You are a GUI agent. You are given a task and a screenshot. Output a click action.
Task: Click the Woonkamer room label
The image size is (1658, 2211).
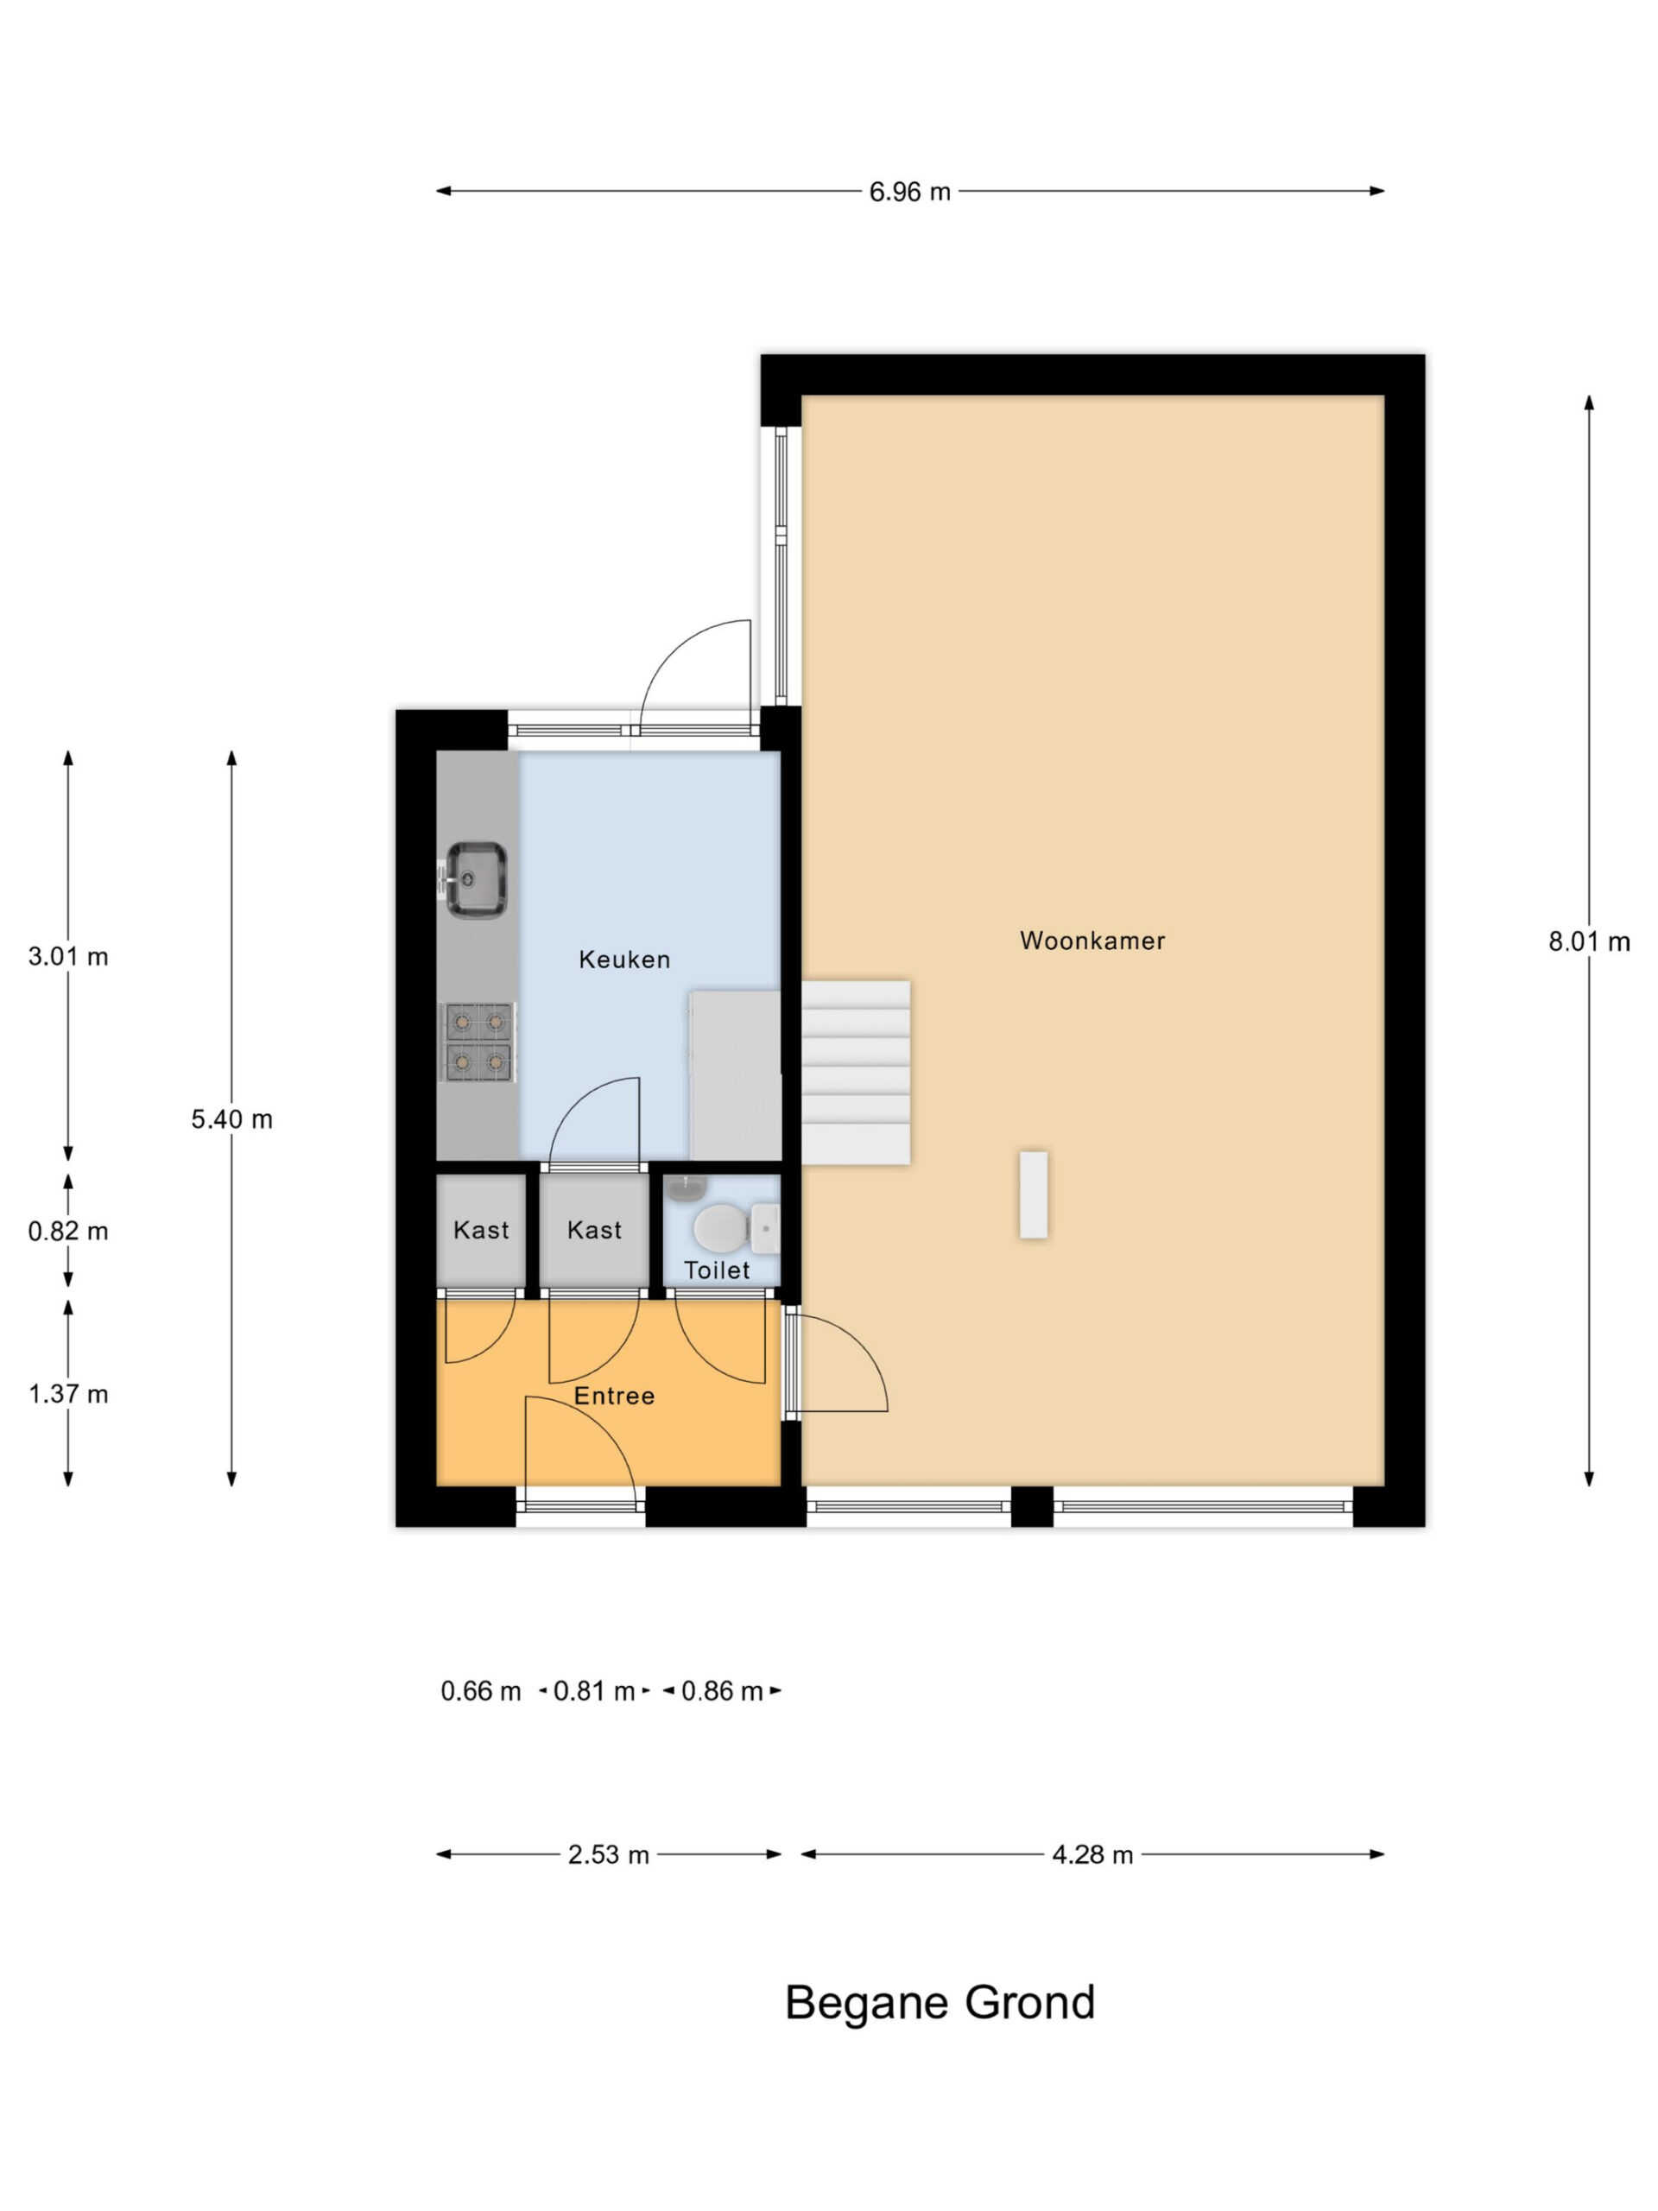point(1092,941)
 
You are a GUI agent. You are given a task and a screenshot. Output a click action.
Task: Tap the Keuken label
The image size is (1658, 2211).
point(623,960)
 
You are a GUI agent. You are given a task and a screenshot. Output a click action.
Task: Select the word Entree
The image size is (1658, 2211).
point(614,1396)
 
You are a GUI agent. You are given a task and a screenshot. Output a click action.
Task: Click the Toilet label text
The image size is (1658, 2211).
point(717,1270)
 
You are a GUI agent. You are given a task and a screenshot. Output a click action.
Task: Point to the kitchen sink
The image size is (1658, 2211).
point(475,879)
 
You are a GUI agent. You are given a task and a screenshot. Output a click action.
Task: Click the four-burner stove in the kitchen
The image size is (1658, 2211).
point(478,1042)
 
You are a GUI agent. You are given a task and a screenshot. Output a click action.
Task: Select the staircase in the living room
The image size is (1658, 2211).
point(856,1073)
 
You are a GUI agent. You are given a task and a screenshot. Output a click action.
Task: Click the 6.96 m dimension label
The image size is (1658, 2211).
point(909,191)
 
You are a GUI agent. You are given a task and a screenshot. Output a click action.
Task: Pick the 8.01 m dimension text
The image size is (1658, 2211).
point(1589,941)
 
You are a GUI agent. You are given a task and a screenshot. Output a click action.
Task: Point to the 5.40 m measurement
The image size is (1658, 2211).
point(231,1119)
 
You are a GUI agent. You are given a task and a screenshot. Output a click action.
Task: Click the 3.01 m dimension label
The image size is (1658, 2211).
point(68,957)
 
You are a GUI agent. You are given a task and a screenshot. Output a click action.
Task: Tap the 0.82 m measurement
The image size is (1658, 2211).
point(68,1231)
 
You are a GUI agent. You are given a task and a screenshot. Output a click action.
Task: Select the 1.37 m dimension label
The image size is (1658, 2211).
point(68,1393)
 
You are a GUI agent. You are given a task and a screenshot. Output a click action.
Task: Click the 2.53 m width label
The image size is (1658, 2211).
point(609,1854)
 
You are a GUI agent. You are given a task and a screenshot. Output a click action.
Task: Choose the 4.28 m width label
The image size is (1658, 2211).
point(1092,1854)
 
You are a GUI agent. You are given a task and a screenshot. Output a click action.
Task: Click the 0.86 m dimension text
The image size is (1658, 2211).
point(722,1690)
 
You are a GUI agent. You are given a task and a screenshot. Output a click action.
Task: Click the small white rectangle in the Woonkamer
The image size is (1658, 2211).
point(1034,1194)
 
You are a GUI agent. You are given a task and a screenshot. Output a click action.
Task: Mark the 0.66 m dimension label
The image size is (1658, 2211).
point(481,1690)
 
